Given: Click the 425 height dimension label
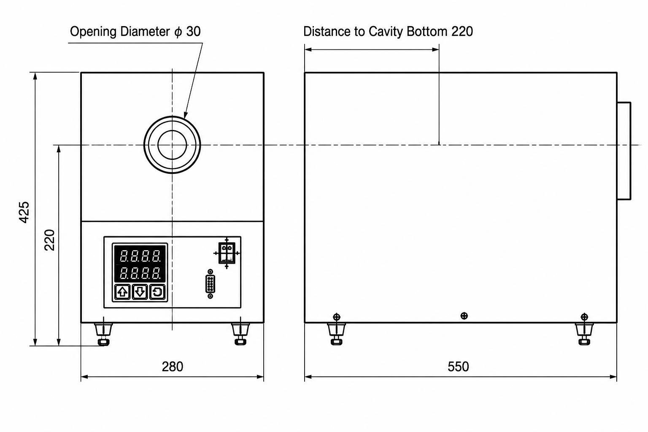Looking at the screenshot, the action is [x=24, y=212].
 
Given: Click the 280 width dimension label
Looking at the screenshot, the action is [x=173, y=367].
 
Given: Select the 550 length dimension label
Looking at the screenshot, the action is [x=458, y=367].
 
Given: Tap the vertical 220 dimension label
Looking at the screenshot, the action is [x=49, y=240].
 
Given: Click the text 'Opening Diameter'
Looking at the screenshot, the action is [x=120, y=32].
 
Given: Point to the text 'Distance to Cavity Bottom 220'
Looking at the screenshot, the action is [x=388, y=32].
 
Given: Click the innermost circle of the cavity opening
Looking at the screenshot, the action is [x=172, y=130].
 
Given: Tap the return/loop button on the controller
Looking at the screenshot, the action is [x=157, y=292].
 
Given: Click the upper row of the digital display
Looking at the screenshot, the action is [x=140, y=256].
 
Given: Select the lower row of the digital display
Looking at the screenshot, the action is [x=140, y=273].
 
